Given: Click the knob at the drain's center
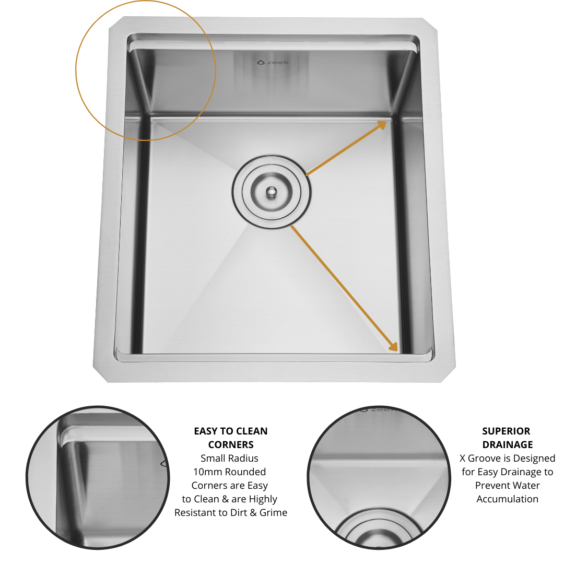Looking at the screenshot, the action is point(272,192).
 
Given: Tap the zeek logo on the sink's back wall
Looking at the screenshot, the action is point(273,62).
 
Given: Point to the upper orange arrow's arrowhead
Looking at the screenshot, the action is point(382,125).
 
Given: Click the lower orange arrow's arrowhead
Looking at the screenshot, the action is point(394,346).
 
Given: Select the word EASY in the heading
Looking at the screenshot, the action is point(205,431).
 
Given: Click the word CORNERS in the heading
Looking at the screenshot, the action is point(231,444).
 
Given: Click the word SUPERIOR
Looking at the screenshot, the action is point(506,431).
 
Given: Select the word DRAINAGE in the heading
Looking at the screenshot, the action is point(508,444).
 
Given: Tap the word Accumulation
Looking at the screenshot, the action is point(508,499).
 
